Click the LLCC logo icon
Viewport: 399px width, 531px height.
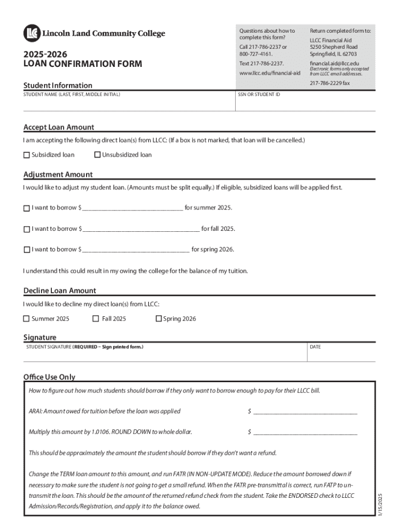32,33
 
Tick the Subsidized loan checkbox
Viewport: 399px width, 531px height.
26,155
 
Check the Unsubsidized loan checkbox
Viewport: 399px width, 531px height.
97,155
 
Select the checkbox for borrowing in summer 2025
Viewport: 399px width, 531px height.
26,208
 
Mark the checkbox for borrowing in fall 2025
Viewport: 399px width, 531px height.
26,229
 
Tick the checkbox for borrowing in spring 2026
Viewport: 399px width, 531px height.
26,250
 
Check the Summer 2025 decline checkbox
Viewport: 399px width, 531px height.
26,319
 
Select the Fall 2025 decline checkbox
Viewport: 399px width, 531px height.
96,319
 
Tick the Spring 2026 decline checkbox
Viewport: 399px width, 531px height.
159,319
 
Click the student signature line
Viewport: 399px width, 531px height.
163,356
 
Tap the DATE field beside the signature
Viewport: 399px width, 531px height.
340,356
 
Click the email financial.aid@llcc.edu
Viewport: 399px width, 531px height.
334,63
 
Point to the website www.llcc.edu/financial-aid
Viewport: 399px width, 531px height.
269,73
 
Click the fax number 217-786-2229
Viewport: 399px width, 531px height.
330,83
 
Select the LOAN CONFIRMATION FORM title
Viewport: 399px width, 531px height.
82,64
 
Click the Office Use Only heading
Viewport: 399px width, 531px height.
49,377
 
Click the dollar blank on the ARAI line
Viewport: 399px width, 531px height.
305,412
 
